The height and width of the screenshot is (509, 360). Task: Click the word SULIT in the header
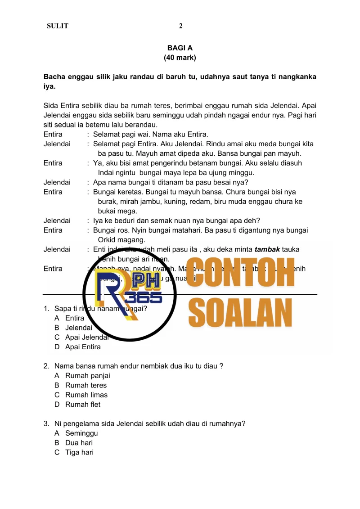(58, 26)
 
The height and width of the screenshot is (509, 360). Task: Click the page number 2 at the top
(180, 26)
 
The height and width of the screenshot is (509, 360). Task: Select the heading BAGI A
(180, 48)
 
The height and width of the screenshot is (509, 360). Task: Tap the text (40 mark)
(180, 58)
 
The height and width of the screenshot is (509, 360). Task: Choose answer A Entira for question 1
(74, 318)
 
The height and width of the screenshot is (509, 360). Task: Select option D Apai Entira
(83, 347)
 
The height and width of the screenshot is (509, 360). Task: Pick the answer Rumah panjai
(87, 376)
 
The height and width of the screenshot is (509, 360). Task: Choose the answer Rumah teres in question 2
(86, 385)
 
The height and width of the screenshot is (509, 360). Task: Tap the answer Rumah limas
(86, 395)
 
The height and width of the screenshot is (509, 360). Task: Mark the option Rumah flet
(83, 404)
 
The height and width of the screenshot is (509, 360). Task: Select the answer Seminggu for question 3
(81, 433)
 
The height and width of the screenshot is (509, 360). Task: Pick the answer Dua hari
(79, 443)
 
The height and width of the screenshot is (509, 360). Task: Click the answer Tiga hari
(79, 452)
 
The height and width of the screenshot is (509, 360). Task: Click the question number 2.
(46, 366)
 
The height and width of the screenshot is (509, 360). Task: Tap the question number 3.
(46, 423)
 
